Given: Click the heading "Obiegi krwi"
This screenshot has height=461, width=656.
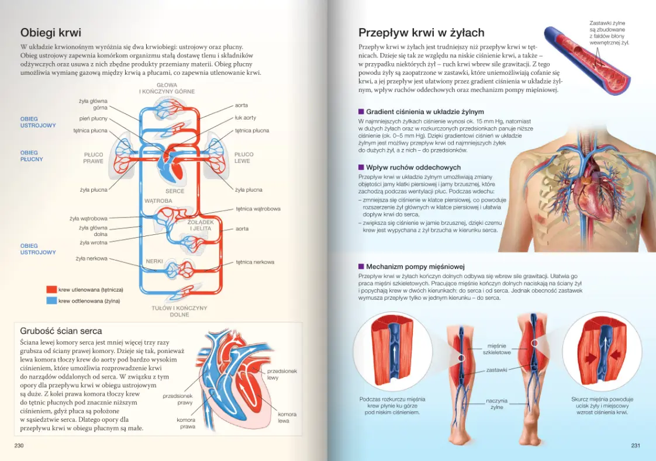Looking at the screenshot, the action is tap(51, 33).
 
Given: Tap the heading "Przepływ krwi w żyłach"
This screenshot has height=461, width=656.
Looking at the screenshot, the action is tap(422, 33).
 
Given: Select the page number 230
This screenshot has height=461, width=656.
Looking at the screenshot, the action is tap(19, 446).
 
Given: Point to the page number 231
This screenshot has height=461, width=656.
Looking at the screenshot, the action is tap(636, 446).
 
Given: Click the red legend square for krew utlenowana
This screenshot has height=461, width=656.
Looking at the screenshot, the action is tap(51, 289).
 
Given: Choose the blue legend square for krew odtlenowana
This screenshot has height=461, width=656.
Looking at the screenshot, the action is tap(51, 300).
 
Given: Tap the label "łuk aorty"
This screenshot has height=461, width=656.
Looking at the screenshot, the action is tap(246, 118).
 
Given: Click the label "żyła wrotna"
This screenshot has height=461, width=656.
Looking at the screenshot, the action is tap(94, 242).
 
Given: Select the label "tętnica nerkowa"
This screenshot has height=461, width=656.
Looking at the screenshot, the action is tap(255, 262).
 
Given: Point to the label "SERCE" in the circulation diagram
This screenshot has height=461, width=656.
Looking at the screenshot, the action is tap(175, 191).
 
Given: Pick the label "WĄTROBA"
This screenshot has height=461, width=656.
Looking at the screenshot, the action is tap(158, 200).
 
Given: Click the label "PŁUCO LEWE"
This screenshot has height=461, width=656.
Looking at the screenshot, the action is tap(244, 158).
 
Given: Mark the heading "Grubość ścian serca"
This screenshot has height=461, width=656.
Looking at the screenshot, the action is tap(61, 331).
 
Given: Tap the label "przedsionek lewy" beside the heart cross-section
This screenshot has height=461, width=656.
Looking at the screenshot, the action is tap(282, 374).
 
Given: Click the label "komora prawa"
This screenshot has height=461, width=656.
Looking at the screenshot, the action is tap(186, 423).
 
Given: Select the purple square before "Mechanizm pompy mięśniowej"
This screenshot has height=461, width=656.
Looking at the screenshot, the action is tap(361, 266).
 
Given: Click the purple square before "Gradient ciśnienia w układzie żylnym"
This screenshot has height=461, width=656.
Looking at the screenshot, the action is tap(361, 112).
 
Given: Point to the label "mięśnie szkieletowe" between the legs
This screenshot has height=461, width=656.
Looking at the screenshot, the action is tap(497, 349).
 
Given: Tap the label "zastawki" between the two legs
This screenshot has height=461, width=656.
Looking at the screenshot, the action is tap(496, 370).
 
